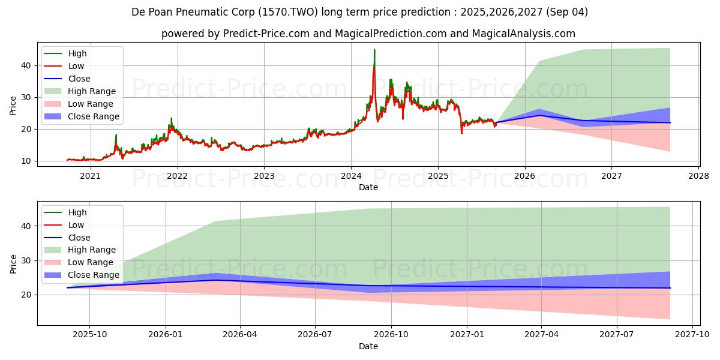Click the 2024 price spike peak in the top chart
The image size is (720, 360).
374,50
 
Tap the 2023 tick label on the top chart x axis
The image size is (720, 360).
264,176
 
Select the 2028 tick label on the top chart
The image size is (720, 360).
698,176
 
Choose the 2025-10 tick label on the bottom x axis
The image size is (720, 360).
90,335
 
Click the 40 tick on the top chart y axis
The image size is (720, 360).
26,65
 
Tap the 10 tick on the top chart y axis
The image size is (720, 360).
26,161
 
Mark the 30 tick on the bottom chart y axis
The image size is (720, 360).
26,260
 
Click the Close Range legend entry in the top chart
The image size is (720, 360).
94,116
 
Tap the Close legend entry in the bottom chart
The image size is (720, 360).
79,238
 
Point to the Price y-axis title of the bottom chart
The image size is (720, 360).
13,263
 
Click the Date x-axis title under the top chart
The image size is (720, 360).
368,187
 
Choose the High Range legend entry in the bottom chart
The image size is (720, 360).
92,250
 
